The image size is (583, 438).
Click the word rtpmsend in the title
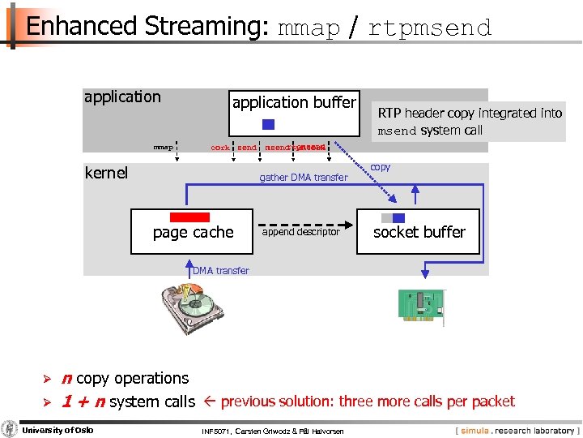point(429,28)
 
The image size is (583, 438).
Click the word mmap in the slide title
point(309,28)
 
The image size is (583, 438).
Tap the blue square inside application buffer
point(269,124)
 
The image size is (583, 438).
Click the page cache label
point(193,233)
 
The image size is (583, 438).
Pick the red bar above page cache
point(189,217)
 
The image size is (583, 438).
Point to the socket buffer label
point(419,232)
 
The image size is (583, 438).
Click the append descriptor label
point(301,232)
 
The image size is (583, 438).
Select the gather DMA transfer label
point(303,178)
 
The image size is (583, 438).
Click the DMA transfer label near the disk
point(221,271)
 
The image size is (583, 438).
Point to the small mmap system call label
point(164,148)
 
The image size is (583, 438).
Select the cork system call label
point(219,148)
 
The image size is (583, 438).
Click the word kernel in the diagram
point(106,173)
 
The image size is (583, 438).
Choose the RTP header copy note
point(470,122)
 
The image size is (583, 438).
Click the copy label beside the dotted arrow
point(380,167)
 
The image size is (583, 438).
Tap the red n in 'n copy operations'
point(67,378)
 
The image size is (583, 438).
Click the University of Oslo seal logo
point(10,428)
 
